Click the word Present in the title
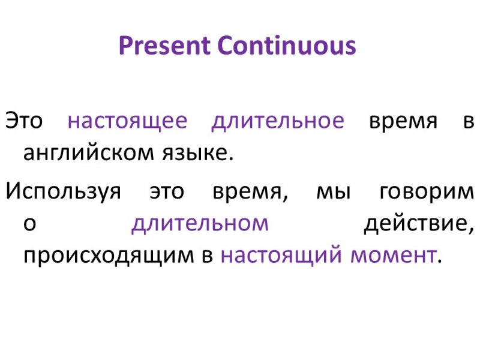tap(164, 46)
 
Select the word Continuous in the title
tap(287, 46)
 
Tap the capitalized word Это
tap(24, 120)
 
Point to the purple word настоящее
tap(127, 121)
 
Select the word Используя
tap(64, 191)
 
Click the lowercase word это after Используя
tap(167, 191)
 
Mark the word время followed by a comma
tap(251, 192)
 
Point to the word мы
tap(334, 191)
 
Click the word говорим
tap(427, 193)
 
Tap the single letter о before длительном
tap(29, 224)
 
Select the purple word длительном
tap(200, 223)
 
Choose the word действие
tap(419, 223)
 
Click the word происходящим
tap(109, 256)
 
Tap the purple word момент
tap(394, 256)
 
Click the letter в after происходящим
tap(207, 256)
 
